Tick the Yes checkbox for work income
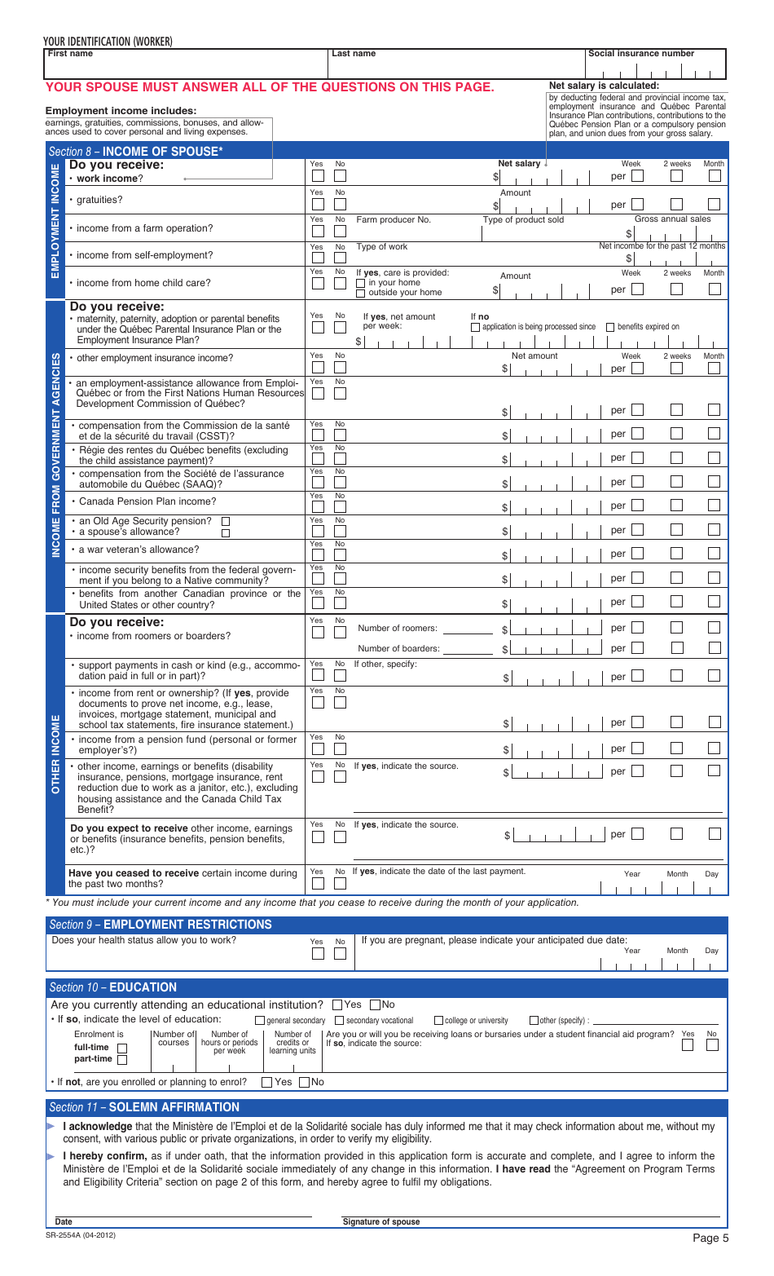tap(319, 176)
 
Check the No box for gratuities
tap(341, 205)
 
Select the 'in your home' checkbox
tap(361, 283)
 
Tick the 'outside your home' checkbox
tap(361, 293)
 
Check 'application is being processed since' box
tap(476, 327)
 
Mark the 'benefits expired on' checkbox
tap(611, 327)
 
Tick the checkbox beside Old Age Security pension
tap(226, 521)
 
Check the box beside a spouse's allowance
tap(226, 533)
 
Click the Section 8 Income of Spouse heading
tap(135, 152)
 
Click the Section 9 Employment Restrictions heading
tap(161, 925)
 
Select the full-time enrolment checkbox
tap(122, 1049)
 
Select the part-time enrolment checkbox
tap(122, 1060)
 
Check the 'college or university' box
tap(439, 1021)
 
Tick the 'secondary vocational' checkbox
tap(341, 1021)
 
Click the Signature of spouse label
tap(381, 1221)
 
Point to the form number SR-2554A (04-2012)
tap(81, 1235)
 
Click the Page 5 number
tap(710, 1238)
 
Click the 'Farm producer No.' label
tap(394, 220)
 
